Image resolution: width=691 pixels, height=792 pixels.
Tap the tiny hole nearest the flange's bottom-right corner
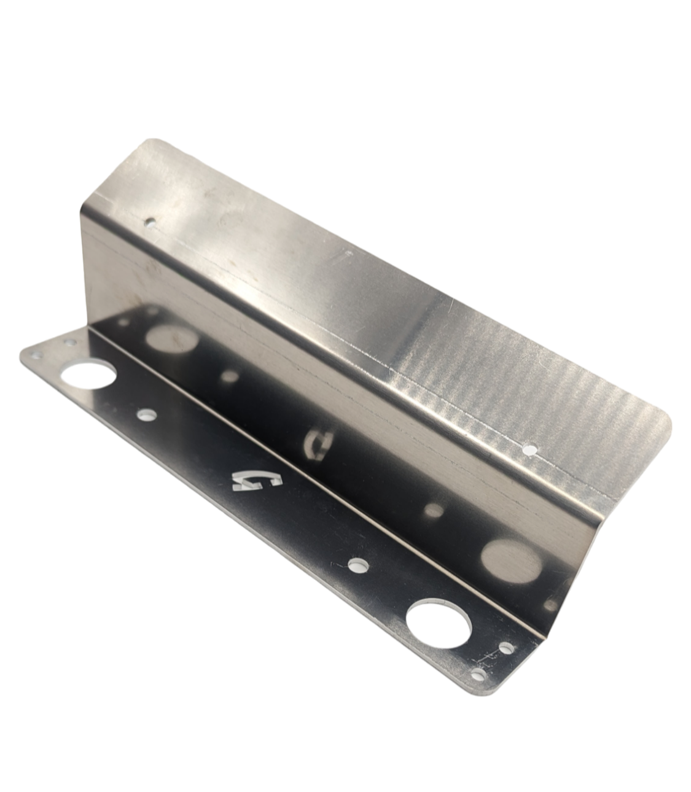479,675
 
